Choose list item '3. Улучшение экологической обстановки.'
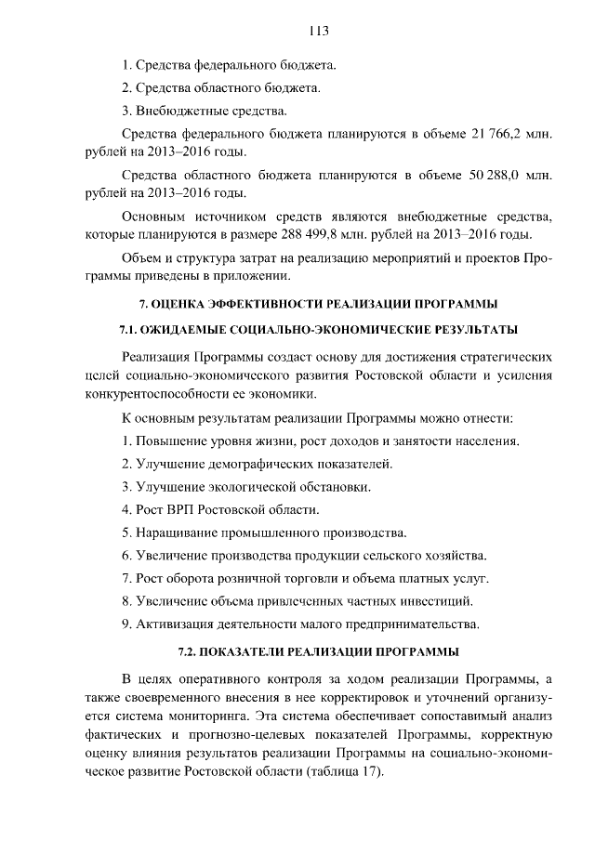246,486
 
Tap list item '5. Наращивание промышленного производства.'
265,532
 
